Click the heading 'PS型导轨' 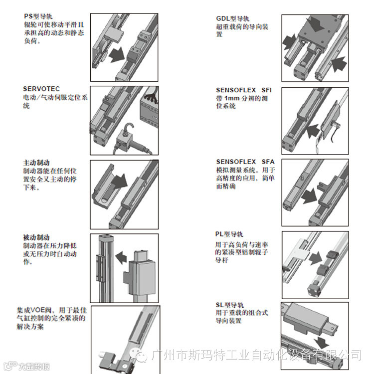38,16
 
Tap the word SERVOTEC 41,89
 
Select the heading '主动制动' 36,163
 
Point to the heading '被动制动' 36,237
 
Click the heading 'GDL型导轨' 232,18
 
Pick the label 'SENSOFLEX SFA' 245,162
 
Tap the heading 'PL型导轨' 229,234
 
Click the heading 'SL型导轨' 230,305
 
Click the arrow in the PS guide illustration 117,55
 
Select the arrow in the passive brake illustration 121,257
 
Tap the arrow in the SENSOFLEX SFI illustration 313,131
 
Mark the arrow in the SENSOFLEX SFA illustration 309,196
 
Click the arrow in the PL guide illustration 316,258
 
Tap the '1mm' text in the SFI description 232,98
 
